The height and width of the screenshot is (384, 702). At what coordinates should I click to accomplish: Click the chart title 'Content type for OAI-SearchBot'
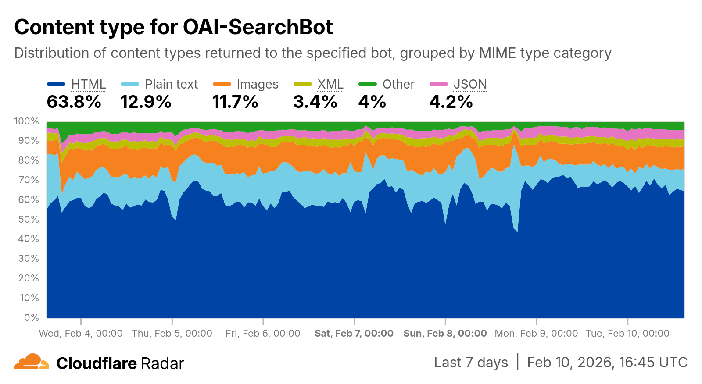tap(173, 27)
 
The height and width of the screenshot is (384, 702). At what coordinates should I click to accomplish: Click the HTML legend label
tap(88, 84)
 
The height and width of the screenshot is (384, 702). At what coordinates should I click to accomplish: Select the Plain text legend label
tap(171, 84)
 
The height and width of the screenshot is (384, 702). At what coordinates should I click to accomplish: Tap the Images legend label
tap(257, 84)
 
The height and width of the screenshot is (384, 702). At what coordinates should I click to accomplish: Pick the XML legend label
tap(330, 84)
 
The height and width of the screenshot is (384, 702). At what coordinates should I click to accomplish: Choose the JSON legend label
tap(470, 84)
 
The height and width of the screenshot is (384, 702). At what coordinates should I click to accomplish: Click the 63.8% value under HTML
tap(74, 102)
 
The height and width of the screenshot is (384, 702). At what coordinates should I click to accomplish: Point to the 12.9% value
tap(146, 102)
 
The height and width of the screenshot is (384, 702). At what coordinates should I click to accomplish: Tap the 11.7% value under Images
tap(235, 102)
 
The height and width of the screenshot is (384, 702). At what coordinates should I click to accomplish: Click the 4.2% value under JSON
tap(451, 102)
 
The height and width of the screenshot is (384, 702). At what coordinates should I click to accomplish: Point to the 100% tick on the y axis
tap(26, 121)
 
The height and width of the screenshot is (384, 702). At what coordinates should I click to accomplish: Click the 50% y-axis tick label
tap(29, 219)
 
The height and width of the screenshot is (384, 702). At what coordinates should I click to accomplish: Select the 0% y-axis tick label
tap(31, 317)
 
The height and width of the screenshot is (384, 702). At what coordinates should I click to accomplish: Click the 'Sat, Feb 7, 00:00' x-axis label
tap(354, 334)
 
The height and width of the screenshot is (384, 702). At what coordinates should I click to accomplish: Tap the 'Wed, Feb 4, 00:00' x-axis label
tap(81, 334)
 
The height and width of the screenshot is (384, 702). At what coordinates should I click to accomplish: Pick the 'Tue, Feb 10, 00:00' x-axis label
tap(627, 334)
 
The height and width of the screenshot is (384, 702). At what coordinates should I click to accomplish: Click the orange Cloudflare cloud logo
tap(31, 362)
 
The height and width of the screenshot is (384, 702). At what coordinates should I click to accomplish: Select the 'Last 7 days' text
tap(471, 363)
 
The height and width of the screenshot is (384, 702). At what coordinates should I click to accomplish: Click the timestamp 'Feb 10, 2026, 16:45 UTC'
tap(607, 363)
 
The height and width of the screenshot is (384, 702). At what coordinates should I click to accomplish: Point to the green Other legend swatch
tap(367, 84)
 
